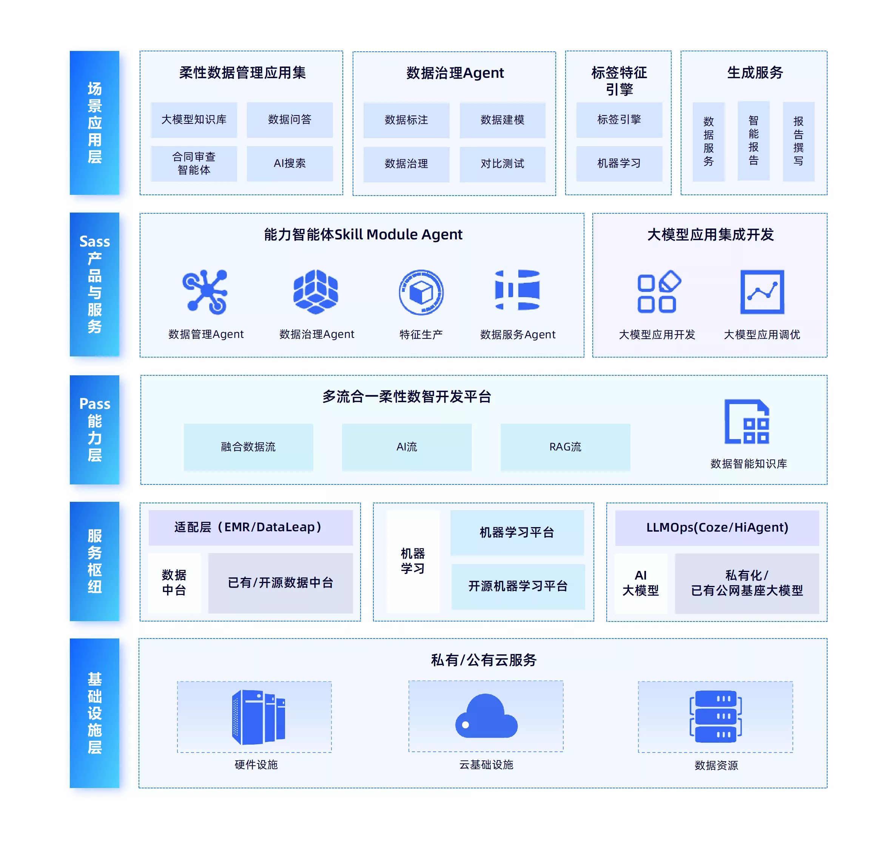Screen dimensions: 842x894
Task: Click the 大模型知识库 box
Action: click(x=194, y=120)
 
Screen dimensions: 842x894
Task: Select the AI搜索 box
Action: click(x=290, y=163)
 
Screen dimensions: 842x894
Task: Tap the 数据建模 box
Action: click(x=502, y=120)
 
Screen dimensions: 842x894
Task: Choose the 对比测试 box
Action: click(x=502, y=164)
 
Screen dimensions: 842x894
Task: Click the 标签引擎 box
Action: click(x=619, y=120)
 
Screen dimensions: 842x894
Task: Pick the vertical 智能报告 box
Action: click(x=753, y=141)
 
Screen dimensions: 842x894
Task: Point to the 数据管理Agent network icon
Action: click(x=205, y=291)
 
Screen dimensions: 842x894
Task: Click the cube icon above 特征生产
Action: click(x=421, y=292)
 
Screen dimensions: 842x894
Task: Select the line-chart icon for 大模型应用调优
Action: click(x=762, y=291)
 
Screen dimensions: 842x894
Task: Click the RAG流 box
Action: click(x=565, y=447)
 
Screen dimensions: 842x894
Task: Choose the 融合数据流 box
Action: click(x=248, y=447)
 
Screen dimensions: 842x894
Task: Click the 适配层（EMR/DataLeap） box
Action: click(x=250, y=527)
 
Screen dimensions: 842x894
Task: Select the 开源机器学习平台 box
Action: click(x=518, y=586)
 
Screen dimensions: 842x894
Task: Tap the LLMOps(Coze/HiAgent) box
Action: click(x=717, y=527)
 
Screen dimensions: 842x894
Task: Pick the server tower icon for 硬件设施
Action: click(x=258, y=717)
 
